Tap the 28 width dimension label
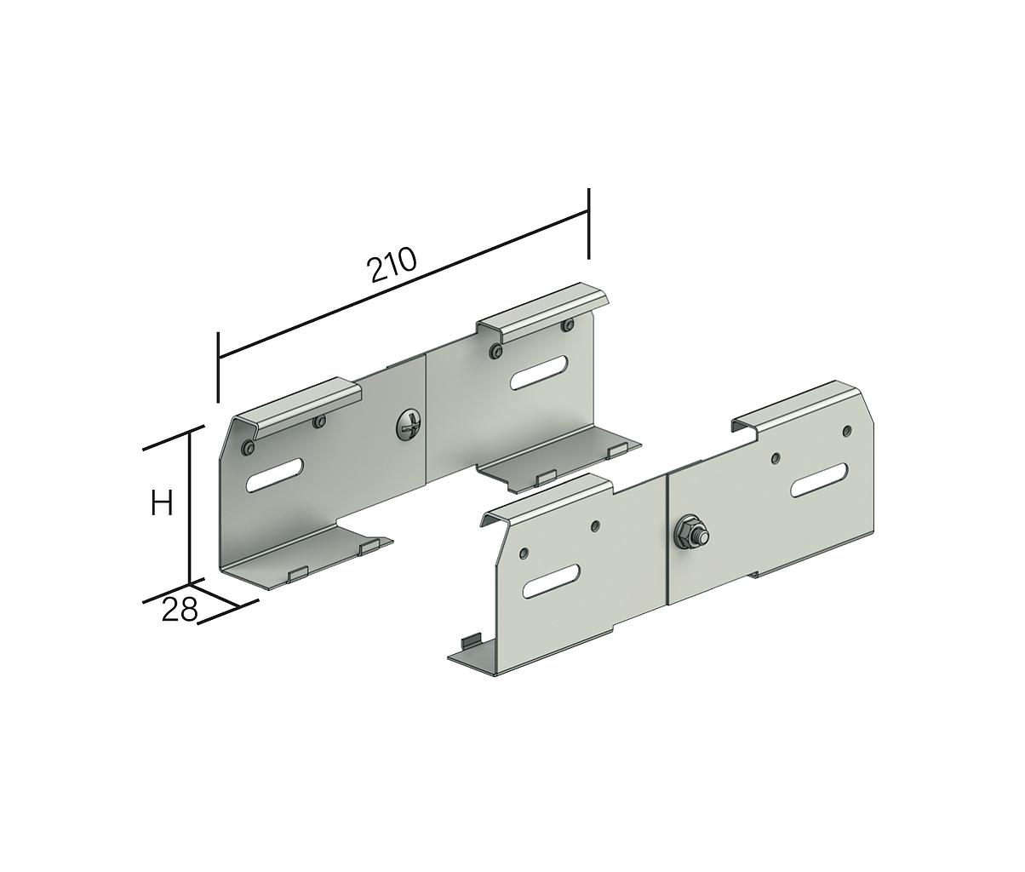point(179,609)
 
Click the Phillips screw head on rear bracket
point(409,426)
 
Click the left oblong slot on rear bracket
point(275,477)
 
